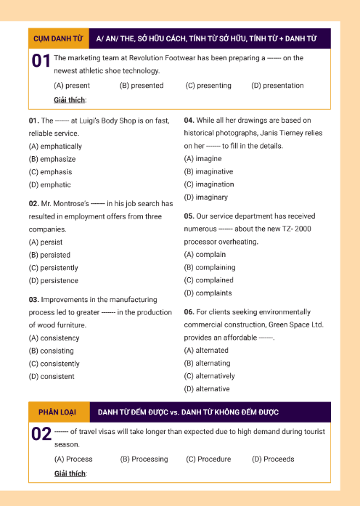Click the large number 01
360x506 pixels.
[41, 62]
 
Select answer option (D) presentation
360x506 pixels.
[277, 86]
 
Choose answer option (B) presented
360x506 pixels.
[142, 86]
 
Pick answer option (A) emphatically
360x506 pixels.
[55, 146]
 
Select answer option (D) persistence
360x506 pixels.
[53, 281]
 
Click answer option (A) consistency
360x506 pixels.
[54, 338]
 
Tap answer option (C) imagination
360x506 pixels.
[209, 185]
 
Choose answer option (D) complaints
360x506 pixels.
[208, 293]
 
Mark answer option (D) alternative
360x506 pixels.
[207, 389]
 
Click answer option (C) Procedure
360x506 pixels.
[208, 460]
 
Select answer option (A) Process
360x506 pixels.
[73, 460]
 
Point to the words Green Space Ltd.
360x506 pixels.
[296, 325]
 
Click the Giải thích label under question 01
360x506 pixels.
[70, 100]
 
